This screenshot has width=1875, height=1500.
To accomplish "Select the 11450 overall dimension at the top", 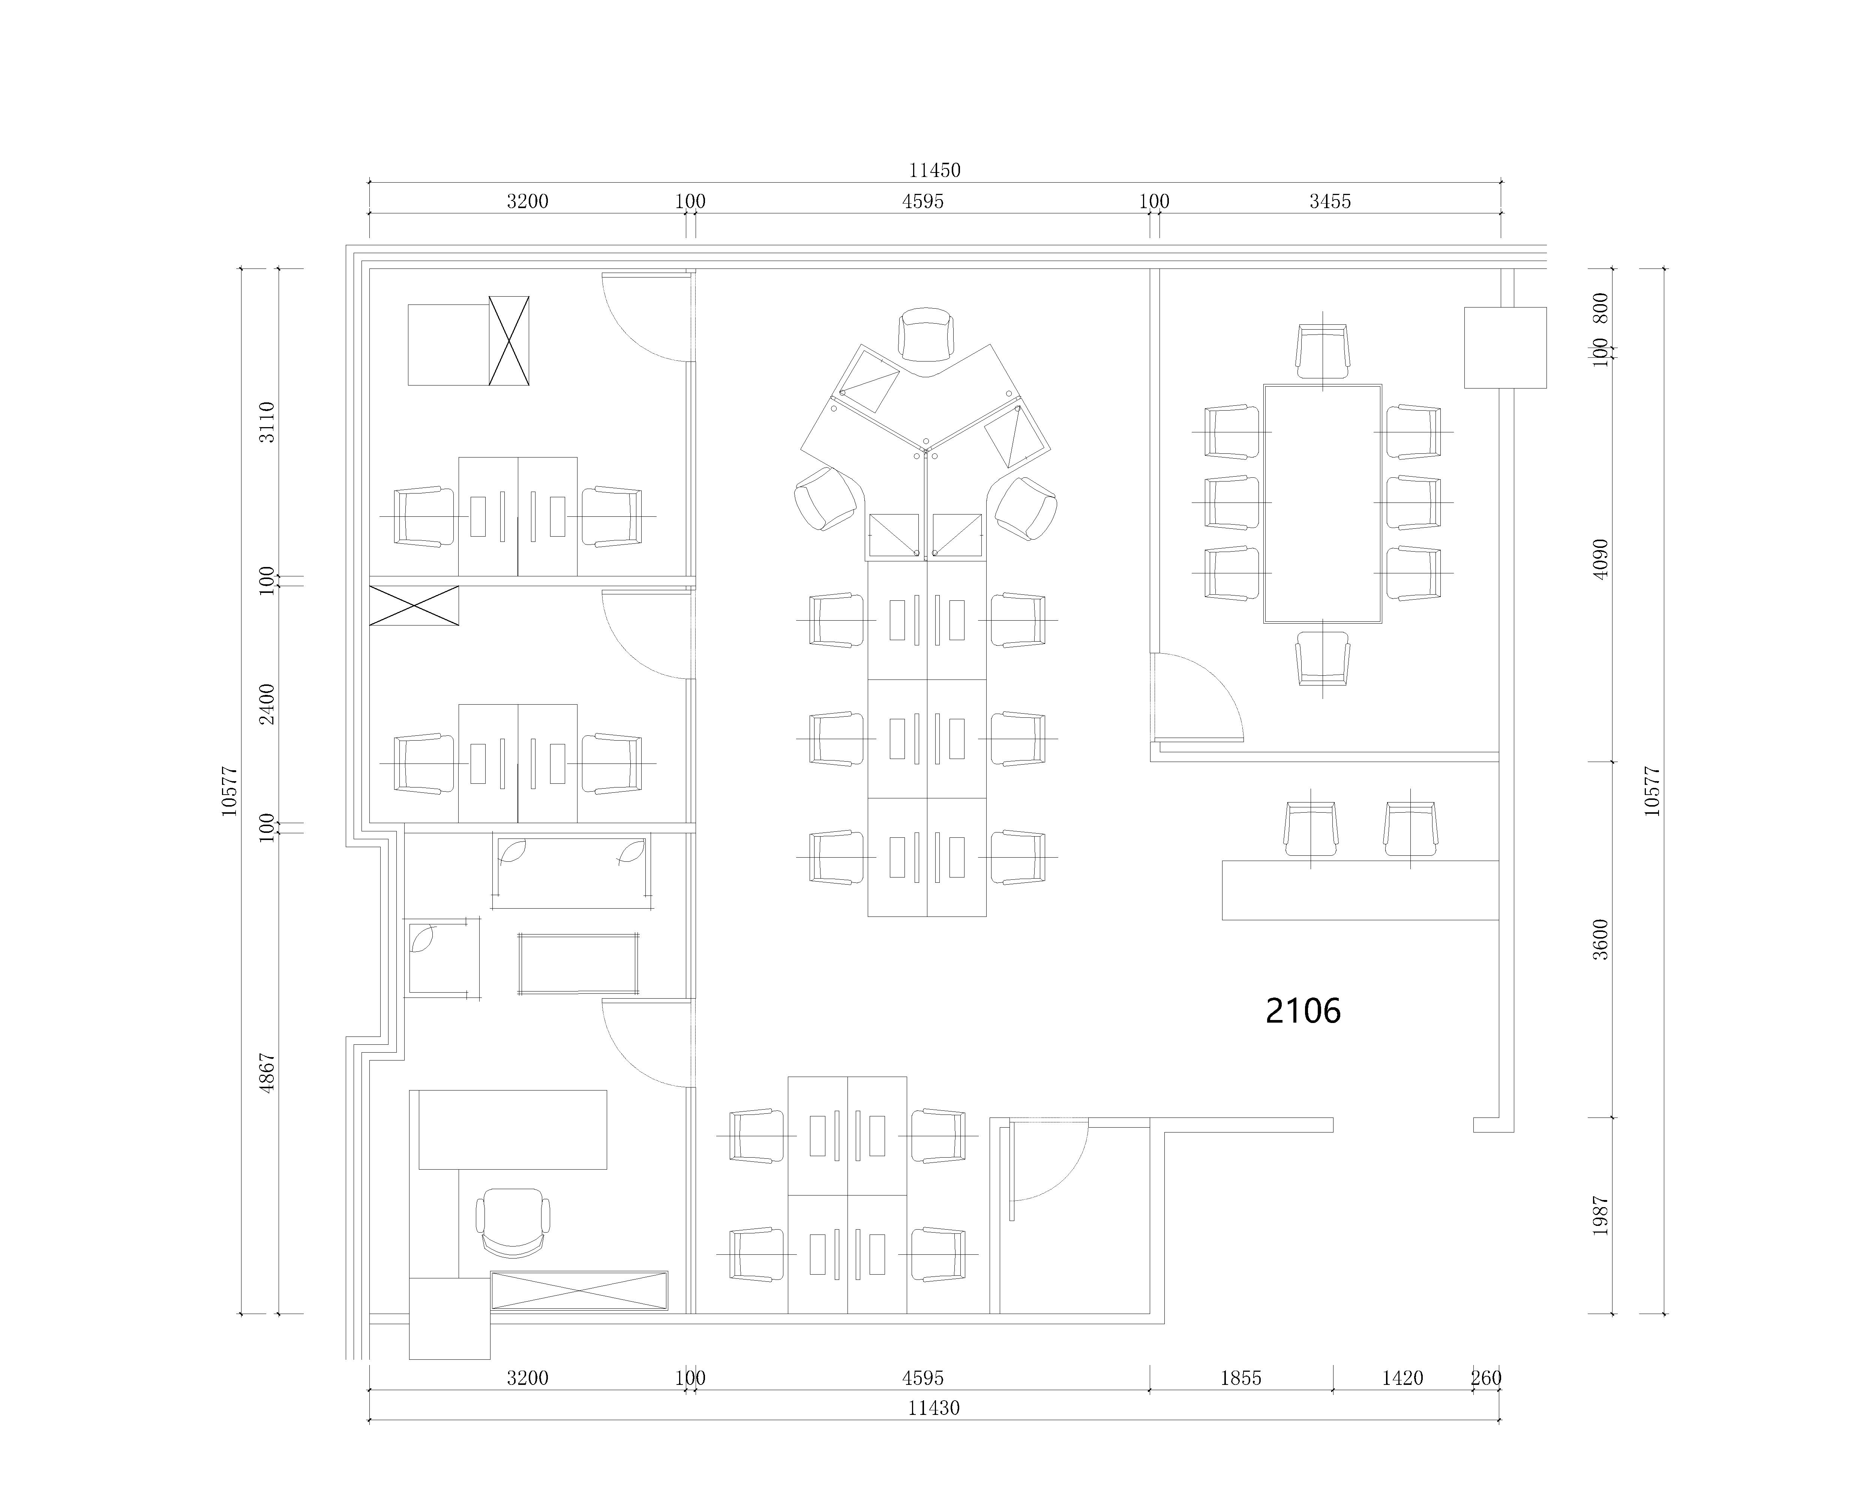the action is pos(935,170).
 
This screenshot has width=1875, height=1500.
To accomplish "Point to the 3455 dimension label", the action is pos(1330,202).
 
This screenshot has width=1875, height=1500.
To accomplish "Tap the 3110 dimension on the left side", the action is pos(267,422).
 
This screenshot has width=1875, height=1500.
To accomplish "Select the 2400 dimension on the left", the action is pos(267,704).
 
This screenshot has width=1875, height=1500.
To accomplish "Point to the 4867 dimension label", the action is pos(267,1073).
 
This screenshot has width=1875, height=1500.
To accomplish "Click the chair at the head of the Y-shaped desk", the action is pos(926,334).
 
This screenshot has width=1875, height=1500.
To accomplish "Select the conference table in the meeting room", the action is pos(1323,504).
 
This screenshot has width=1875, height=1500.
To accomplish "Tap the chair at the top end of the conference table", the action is pos(1323,351).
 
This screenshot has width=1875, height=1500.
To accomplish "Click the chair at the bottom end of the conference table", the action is pos(1323,657).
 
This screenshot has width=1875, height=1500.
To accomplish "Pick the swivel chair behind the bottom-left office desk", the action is pos(513,1222).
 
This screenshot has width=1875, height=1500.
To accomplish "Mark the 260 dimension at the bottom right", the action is pos(1486,1378).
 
